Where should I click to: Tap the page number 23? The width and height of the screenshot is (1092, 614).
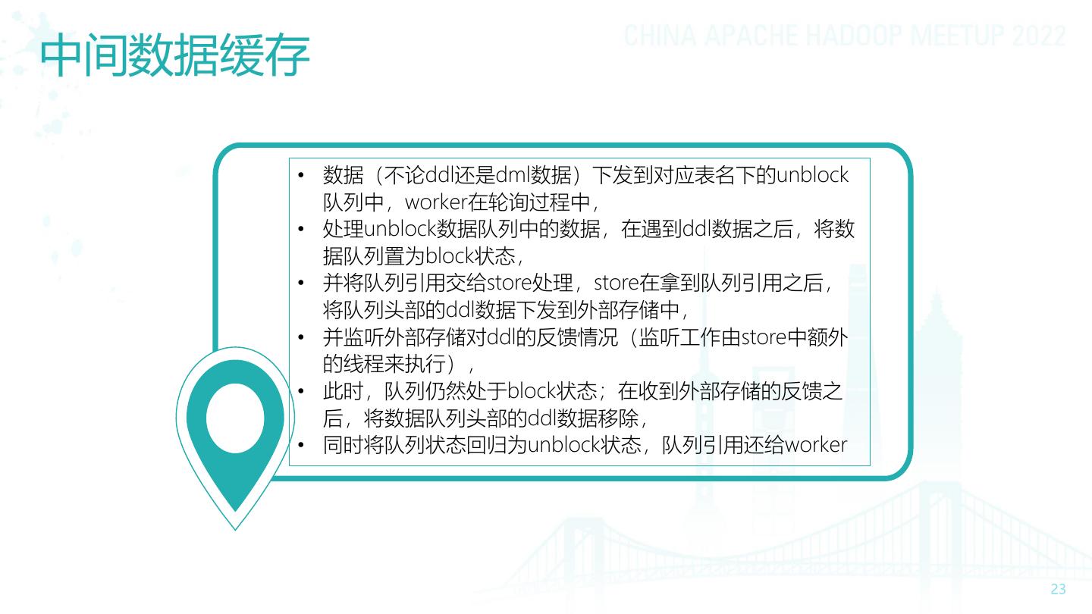click(x=1058, y=590)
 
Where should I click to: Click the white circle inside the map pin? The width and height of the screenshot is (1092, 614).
click(x=235, y=418)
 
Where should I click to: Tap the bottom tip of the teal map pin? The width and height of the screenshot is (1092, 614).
click(x=235, y=527)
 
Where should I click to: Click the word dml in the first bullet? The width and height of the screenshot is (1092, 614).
click(x=513, y=176)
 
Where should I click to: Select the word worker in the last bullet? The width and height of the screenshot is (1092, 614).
click(x=816, y=445)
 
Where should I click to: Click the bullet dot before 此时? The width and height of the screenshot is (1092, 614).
click(x=301, y=392)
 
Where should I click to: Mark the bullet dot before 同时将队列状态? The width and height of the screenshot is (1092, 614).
click(x=301, y=445)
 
